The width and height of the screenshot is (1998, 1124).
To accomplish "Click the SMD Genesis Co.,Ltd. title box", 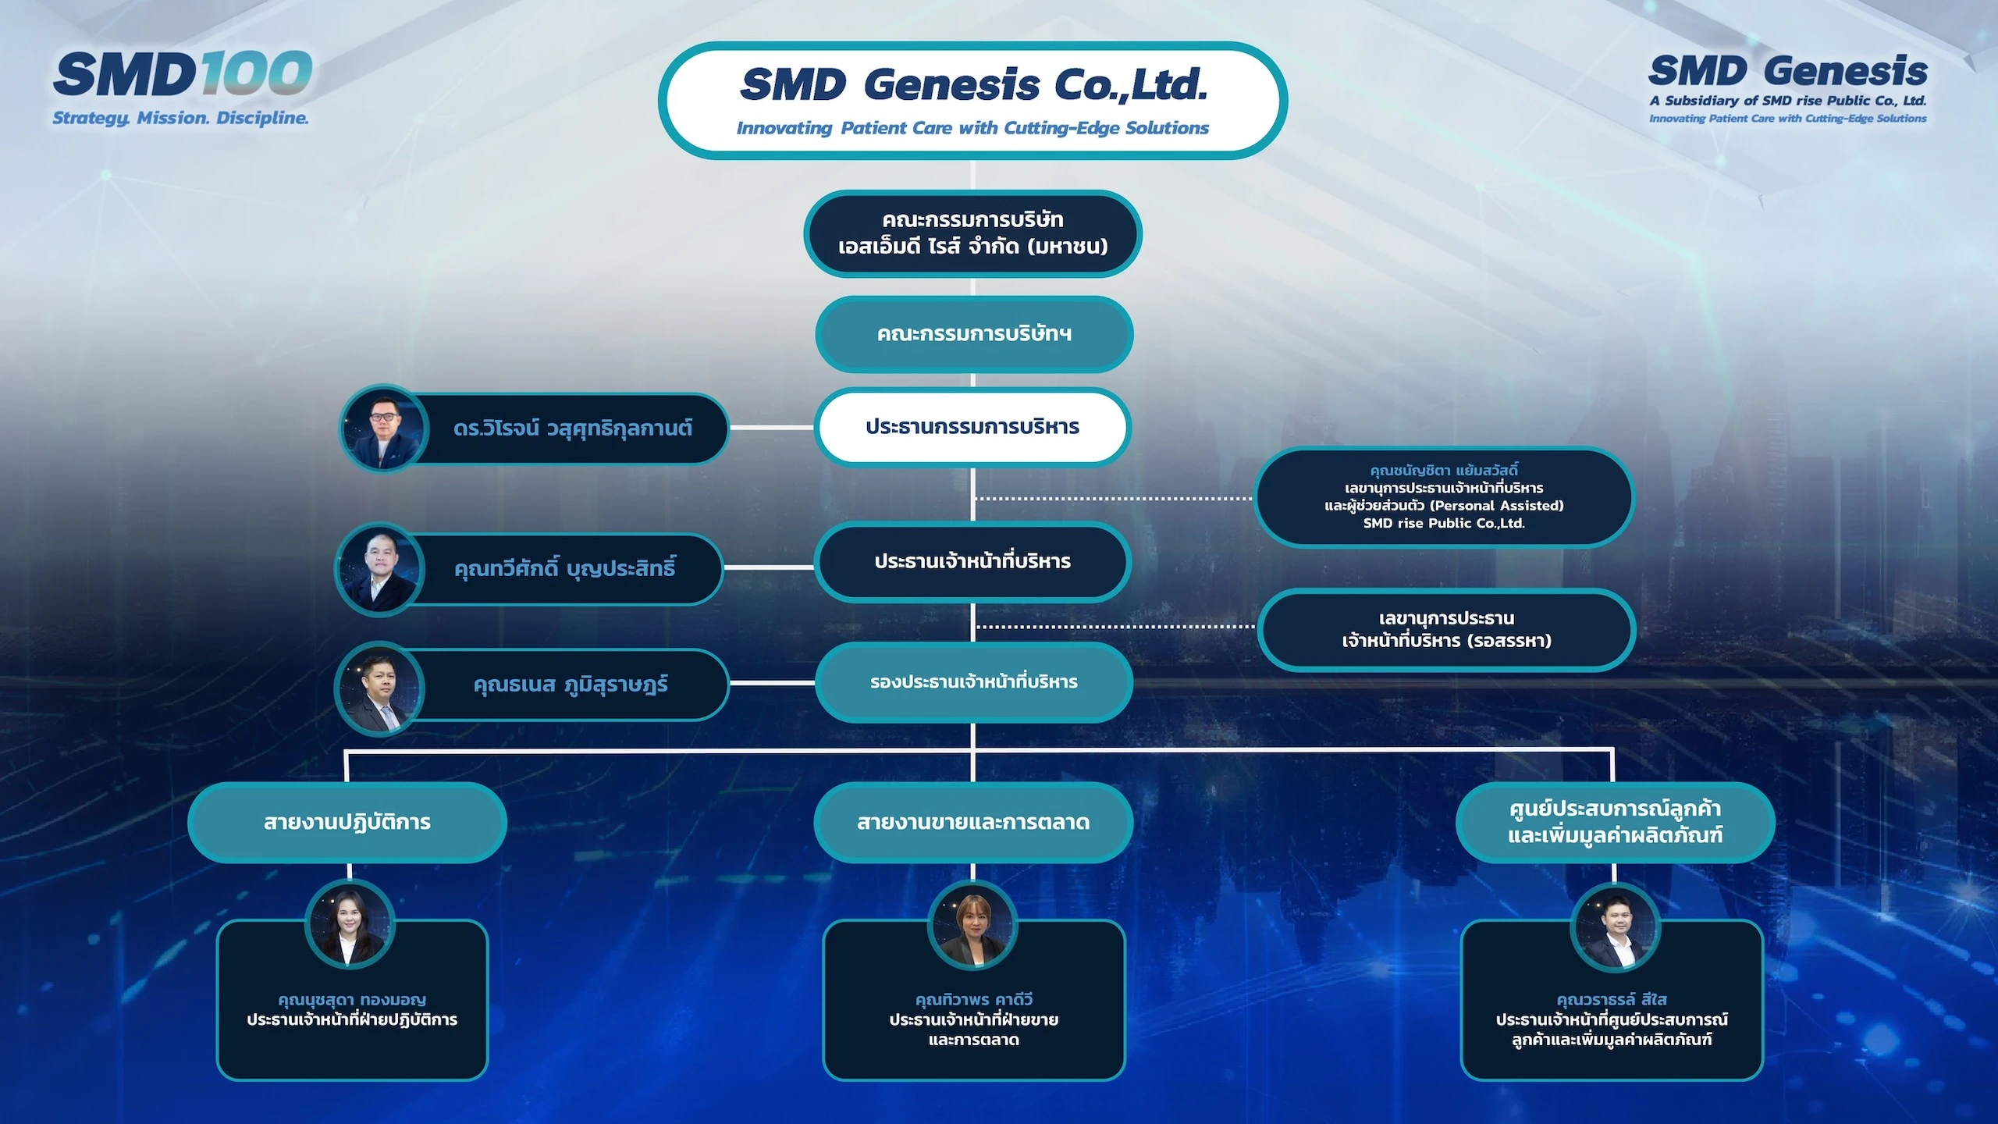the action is pyautogui.click(x=972, y=101).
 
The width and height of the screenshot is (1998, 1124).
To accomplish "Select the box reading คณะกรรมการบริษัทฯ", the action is pyautogui.click(x=974, y=334).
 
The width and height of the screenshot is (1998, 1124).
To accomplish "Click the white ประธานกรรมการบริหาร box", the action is pyautogui.click(x=972, y=427).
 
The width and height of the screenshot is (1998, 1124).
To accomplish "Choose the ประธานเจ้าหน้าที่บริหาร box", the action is pyautogui.click(x=972, y=561).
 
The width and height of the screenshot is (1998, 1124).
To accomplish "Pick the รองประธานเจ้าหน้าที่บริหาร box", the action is pyautogui.click(x=974, y=682).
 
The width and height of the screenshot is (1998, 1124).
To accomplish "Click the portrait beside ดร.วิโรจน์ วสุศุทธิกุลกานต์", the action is pyautogui.click(x=384, y=429).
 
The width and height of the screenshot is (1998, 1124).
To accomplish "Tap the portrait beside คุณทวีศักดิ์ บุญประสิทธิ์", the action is pyautogui.click(x=379, y=569).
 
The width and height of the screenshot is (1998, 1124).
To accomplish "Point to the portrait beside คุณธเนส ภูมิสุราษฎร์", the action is pyautogui.click(x=379, y=688).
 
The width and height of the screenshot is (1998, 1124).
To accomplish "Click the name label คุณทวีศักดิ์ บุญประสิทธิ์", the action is pyautogui.click(x=565, y=568).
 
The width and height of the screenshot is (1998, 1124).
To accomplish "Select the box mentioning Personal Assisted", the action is pyautogui.click(x=1444, y=497).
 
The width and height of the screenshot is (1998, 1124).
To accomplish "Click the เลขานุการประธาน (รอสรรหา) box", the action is pyautogui.click(x=1446, y=629).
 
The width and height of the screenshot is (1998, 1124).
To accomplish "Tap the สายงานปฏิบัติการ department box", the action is pyautogui.click(x=347, y=823).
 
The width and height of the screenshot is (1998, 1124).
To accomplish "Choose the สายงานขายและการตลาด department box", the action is pyautogui.click(x=973, y=823).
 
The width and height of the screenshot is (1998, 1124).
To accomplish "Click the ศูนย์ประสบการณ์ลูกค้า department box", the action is pyautogui.click(x=1616, y=823).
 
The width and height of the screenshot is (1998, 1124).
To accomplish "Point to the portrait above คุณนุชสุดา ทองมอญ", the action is pyautogui.click(x=350, y=925).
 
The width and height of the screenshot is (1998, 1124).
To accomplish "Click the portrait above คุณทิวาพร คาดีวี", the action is pyautogui.click(x=972, y=925).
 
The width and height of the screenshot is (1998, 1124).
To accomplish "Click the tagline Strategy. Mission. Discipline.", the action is pyautogui.click(x=181, y=118).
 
